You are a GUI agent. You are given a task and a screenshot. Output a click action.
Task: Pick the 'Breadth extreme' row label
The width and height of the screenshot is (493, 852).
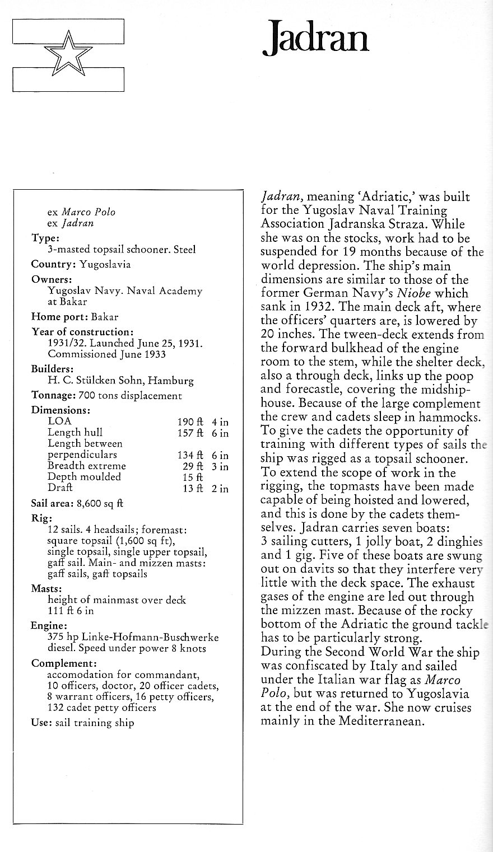[87, 466]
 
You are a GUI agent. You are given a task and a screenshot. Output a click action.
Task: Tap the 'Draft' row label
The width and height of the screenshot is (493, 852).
[61, 488]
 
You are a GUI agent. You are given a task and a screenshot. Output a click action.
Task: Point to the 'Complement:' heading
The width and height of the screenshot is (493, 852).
[61, 663]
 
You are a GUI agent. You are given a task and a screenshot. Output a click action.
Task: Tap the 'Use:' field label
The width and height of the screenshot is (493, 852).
[41, 722]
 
